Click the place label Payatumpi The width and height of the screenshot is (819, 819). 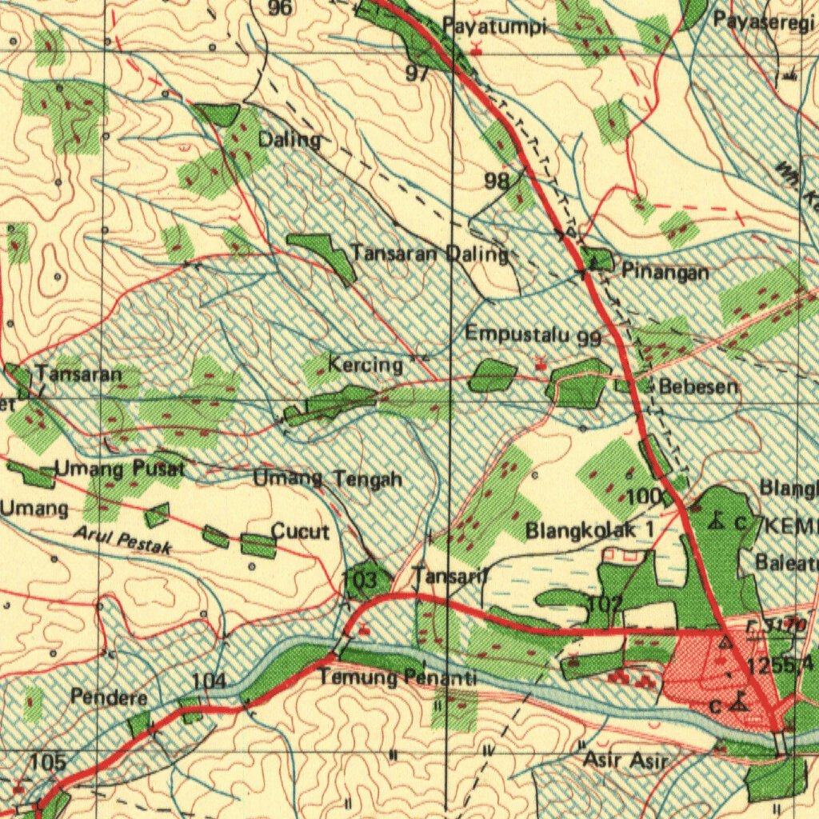[494, 27]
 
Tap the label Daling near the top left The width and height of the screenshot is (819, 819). [290, 140]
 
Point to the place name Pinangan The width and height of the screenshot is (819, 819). [665, 272]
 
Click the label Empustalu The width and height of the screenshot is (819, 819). [520, 333]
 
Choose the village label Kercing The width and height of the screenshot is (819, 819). [366, 366]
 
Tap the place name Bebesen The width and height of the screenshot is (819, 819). [698, 387]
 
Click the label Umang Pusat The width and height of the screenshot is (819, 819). [120, 469]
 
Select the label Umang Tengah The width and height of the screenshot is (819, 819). [327, 480]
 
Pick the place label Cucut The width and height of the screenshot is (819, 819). [300, 531]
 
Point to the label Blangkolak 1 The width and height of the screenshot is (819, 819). [589, 530]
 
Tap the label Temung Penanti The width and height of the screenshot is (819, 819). [398, 679]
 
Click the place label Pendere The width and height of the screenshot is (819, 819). [109, 697]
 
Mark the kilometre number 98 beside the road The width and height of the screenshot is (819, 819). [497, 181]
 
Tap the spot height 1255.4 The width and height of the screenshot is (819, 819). [781, 664]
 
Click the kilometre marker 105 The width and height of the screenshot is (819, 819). [48, 762]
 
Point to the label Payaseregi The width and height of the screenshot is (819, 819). [764, 21]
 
